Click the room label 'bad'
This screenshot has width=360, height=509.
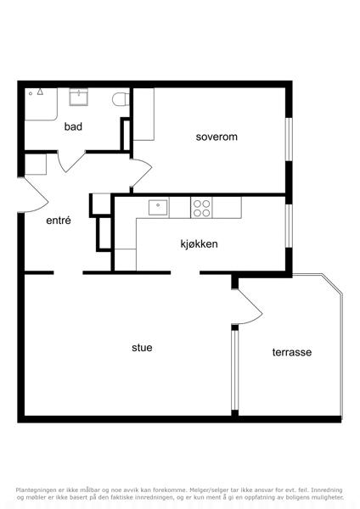[x=73, y=126]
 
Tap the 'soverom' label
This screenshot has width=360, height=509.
[x=217, y=137]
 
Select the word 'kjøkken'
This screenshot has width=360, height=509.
[x=200, y=243]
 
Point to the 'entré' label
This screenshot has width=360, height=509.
[x=59, y=221]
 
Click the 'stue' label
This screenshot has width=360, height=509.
[x=142, y=347]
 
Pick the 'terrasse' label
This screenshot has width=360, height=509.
[x=292, y=352]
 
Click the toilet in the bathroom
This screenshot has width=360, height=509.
[x=121, y=99]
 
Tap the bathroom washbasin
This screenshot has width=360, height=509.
[x=79, y=97]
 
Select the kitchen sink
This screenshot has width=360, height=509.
[x=158, y=208]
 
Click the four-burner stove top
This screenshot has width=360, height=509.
[x=201, y=208]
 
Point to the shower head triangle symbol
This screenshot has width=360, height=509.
[x=40, y=92]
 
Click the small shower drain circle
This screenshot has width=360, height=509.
[x=31, y=93]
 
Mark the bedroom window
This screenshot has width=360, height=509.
[x=289, y=138]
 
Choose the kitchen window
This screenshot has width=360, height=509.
[x=289, y=226]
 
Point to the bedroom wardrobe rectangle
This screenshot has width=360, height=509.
[x=143, y=115]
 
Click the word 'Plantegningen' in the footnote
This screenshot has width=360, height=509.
[x=36, y=489]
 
